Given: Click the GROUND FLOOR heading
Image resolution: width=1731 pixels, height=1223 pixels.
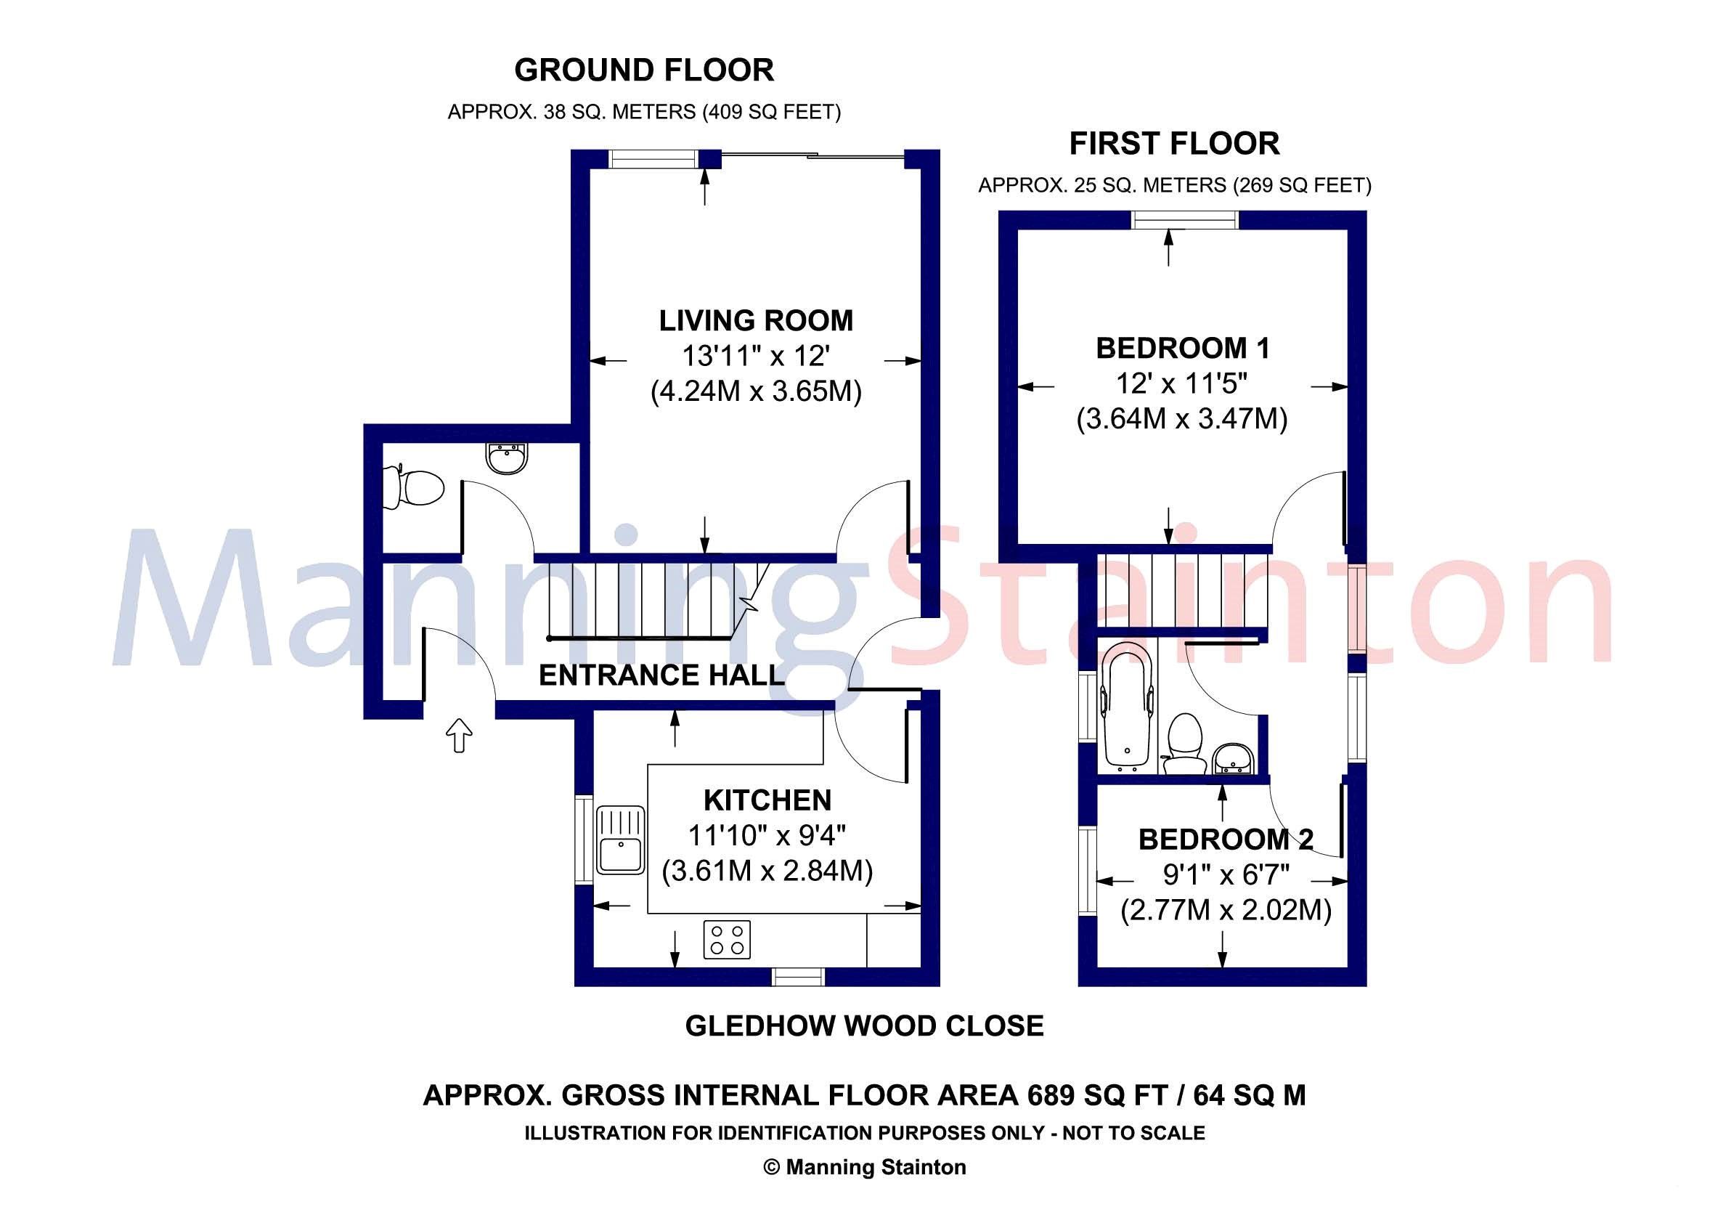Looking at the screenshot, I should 644,70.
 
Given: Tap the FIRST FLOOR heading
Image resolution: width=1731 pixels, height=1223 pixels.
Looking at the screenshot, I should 1174,143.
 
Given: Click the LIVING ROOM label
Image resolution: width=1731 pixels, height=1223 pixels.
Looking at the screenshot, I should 755,320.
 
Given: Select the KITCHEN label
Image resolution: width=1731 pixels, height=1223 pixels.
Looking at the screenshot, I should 767,800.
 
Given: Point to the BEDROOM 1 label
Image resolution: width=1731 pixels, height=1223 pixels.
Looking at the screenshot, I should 1182,348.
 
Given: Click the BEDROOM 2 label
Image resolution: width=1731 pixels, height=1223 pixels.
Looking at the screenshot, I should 1225,840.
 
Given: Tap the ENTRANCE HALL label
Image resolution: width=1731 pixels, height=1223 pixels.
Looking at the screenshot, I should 662,675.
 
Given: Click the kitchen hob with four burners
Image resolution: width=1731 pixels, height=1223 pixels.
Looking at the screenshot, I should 727,940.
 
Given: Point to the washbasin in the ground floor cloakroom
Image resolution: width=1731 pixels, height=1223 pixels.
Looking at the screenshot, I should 507,458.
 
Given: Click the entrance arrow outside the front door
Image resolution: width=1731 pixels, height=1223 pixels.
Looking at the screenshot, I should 459,735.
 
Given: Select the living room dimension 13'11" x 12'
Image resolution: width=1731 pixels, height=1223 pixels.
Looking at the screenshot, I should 755,356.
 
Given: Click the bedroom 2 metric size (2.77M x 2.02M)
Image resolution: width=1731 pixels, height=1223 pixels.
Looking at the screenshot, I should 1225,910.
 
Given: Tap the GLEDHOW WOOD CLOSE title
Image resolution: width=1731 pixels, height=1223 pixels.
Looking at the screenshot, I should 864,1025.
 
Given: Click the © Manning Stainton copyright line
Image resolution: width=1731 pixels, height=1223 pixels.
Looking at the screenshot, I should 864,1167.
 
